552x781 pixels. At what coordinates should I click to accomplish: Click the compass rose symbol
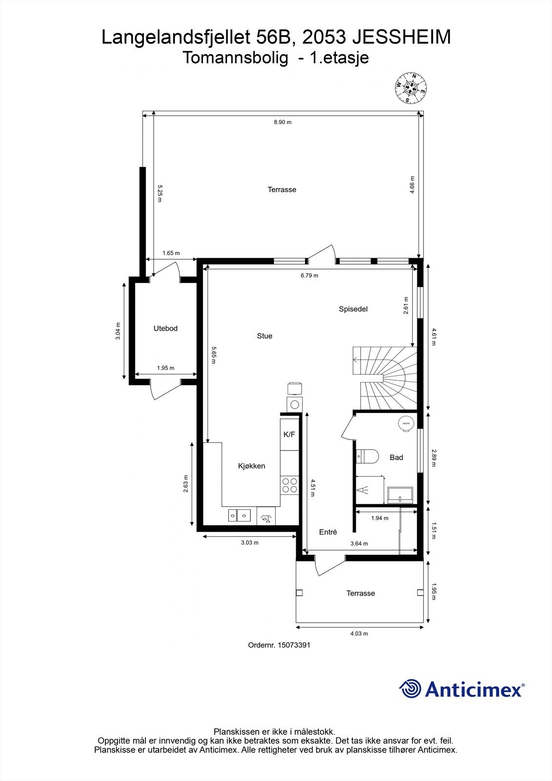coord(410,88)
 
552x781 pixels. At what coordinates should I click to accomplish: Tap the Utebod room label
coord(165,329)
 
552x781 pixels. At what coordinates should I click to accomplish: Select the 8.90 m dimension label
coord(282,122)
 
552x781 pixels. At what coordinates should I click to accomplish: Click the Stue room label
coord(265,336)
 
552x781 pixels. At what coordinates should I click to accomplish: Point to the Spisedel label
coord(353,309)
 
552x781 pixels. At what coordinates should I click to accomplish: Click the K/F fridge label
coord(289,434)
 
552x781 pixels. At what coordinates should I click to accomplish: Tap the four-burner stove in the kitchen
coord(289,484)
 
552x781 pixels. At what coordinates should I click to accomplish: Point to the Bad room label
coord(396,457)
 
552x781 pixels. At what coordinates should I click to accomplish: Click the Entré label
coord(328,532)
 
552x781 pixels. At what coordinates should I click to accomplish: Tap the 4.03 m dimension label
coord(359,634)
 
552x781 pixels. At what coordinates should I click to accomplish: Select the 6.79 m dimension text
coord(309,275)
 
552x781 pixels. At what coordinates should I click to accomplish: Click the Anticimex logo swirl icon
coord(410,689)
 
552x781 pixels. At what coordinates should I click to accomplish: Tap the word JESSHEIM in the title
coord(402,38)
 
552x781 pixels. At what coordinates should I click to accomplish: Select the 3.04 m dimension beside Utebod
coord(118,330)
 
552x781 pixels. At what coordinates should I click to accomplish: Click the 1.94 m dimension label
coord(380,518)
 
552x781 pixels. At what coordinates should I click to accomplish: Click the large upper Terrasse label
coord(282,189)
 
